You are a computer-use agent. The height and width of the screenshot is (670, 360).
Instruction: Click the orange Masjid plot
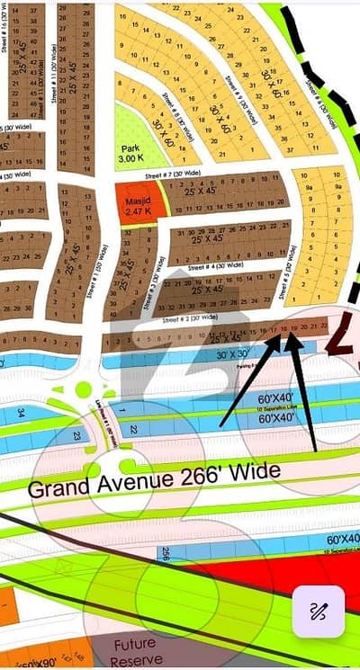coord(138,201)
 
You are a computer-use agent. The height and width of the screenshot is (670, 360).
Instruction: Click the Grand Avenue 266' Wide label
coord(153,481)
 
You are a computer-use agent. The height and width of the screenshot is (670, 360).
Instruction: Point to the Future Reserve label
coord(135,649)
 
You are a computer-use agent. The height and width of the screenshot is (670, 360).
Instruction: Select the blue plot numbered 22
coord(133,431)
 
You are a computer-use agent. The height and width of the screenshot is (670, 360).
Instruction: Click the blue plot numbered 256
coord(167,554)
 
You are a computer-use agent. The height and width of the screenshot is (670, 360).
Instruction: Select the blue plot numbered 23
coord(77,435)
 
